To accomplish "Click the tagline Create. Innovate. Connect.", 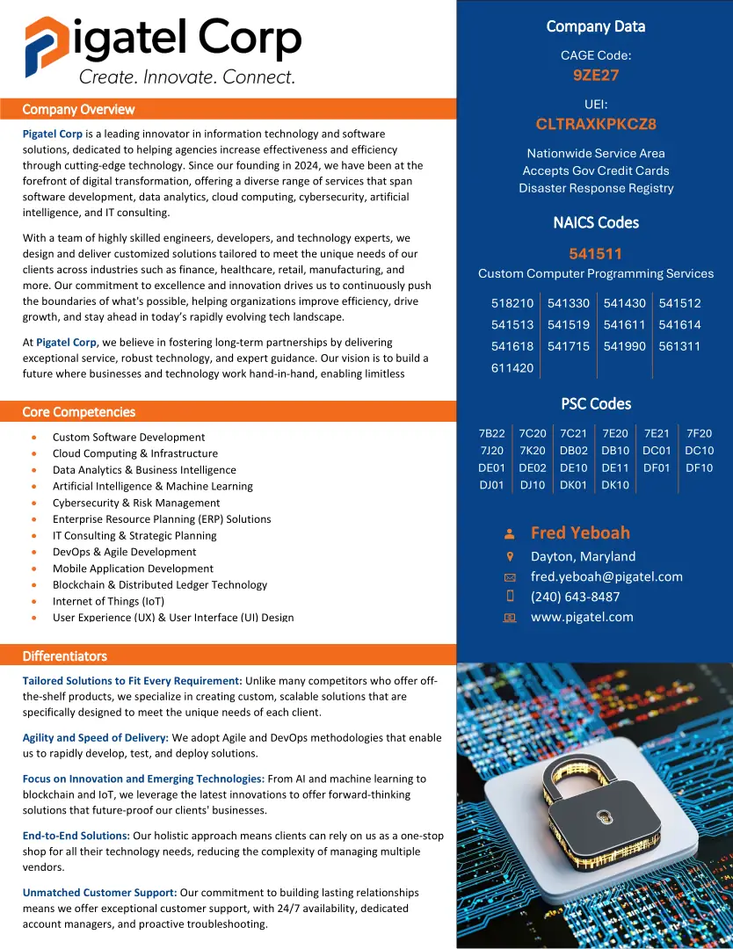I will point(187,77).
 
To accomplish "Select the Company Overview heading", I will point(78,109).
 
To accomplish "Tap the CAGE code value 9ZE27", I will point(596,76).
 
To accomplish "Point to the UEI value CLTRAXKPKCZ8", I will point(596,124).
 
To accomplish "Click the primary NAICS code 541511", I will point(595,254).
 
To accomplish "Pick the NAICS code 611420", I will point(512,368).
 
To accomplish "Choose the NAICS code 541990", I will point(624,346).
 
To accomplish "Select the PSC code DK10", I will point(615,485).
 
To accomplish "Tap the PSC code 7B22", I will point(492,433).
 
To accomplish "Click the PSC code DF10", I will point(699,467).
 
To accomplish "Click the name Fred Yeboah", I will point(580,532).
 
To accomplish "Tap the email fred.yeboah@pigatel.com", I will point(606,576).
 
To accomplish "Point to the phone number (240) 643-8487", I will point(575,597).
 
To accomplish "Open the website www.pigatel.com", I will point(582,617).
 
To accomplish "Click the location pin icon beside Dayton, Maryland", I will point(510,556).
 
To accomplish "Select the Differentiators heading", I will point(64,656).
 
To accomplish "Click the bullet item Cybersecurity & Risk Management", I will point(136,503).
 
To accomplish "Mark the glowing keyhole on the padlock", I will point(605,817).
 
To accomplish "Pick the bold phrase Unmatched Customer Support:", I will point(99,892).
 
